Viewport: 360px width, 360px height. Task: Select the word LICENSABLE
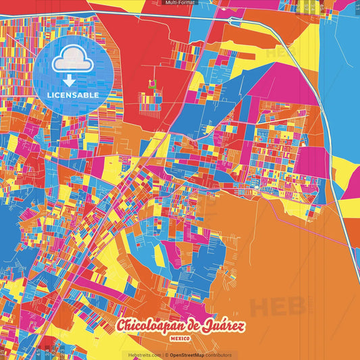tap(73, 95)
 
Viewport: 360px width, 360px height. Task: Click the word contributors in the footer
tap(218, 355)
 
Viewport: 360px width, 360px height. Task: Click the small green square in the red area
tap(151, 84)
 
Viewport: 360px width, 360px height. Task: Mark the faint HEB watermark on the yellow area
tap(280, 53)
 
